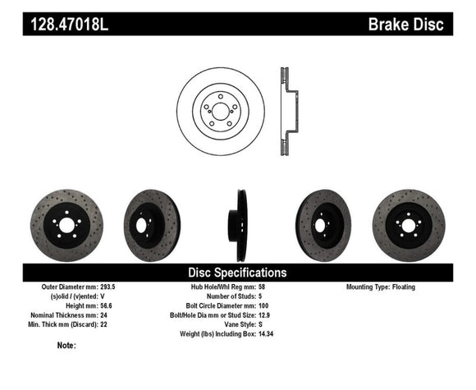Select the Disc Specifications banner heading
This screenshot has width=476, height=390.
[238, 272]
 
